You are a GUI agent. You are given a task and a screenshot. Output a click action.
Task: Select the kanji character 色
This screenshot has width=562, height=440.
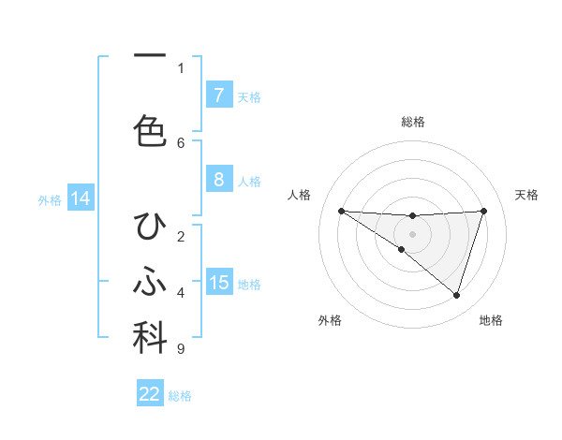point(150,130)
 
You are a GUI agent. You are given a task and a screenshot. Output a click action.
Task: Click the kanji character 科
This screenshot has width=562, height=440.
point(150,339)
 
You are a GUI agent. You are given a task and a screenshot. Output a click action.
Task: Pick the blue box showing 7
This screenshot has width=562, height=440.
point(218,95)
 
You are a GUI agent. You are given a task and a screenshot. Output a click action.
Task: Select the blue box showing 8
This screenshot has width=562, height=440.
point(218,180)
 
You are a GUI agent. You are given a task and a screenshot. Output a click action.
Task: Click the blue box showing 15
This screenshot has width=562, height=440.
point(218,283)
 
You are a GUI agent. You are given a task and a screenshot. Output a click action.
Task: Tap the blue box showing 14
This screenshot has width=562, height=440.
point(80,198)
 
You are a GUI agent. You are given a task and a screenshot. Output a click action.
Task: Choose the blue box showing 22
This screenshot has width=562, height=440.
point(150,394)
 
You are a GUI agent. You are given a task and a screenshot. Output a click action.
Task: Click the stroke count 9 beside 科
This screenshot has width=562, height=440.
point(180,349)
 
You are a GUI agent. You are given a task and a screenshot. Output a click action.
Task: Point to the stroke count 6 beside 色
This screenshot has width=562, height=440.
point(181,142)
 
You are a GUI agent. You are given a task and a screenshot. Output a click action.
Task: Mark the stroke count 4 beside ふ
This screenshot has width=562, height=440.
point(181,293)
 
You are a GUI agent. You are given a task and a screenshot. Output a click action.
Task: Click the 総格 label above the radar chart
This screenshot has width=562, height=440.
point(412,122)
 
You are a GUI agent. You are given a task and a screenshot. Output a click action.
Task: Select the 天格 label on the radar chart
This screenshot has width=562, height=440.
point(527,195)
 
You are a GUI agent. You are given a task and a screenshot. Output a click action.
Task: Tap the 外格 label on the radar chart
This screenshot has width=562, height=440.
point(330,320)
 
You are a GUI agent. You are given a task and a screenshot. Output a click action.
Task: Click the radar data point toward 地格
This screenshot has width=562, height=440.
point(456,296)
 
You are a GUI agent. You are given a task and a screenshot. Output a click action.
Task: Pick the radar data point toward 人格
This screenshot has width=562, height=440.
point(341,211)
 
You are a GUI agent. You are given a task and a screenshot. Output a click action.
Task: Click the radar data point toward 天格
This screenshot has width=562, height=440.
point(483,211)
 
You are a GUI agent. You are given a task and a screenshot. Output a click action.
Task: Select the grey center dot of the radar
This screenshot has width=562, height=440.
point(412,234)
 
